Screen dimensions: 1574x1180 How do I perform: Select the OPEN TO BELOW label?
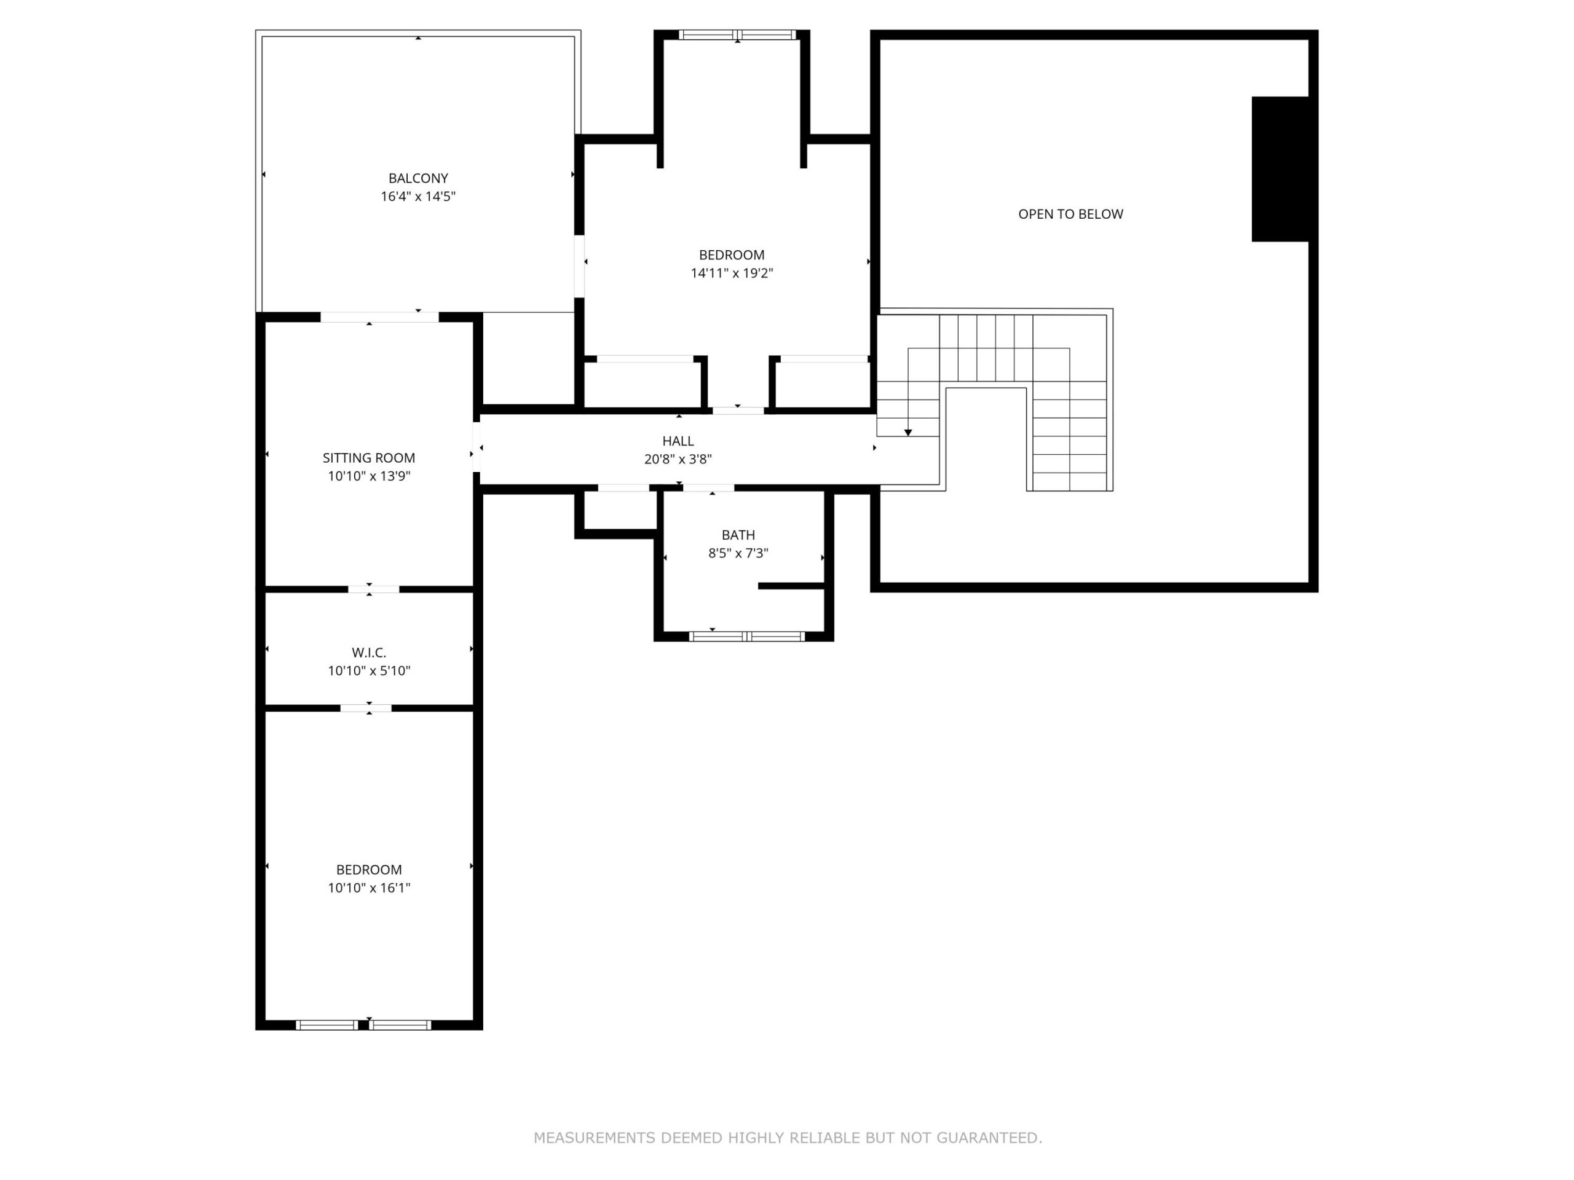tap(1070, 214)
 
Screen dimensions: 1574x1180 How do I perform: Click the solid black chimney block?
tap(1280, 169)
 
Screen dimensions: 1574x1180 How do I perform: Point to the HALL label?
tap(678, 441)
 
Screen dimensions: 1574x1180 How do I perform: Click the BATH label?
tap(738, 535)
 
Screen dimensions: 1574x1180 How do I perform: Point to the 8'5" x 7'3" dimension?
tap(738, 553)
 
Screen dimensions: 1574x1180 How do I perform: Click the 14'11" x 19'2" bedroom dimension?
tap(732, 273)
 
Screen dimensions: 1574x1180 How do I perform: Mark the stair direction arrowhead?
tap(908, 433)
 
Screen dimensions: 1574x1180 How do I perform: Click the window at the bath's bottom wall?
tap(746, 636)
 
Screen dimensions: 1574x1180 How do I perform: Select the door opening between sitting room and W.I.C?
tap(374, 589)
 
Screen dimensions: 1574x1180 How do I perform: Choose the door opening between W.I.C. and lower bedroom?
tap(366, 708)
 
